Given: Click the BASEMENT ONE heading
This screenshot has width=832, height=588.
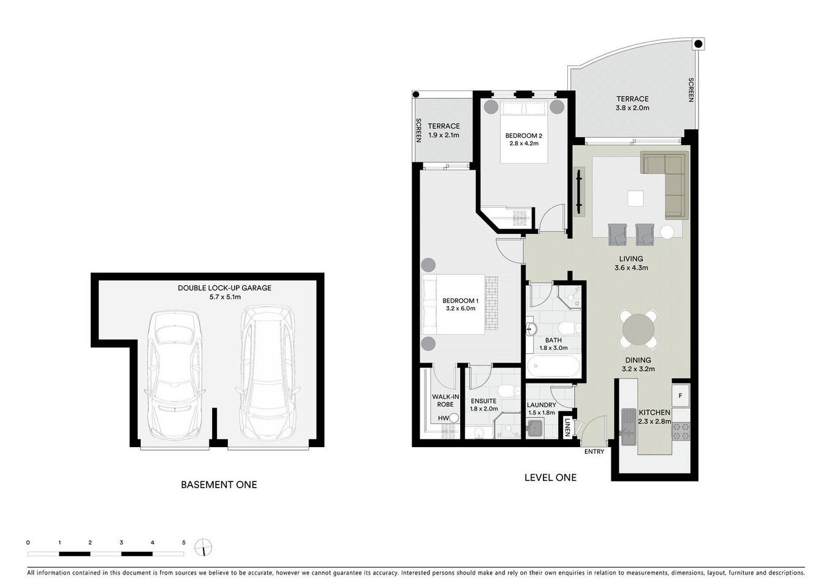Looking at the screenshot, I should pyautogui.click(x=219, y=484).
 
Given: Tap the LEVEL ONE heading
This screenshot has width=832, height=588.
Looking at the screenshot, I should pyautogui.click(x=550, y=477).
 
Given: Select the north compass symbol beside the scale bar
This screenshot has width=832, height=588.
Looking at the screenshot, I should pyautogui.click(x=203, y=546).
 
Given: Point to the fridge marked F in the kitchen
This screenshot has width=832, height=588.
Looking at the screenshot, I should pyautogui.click(x=680, y=396).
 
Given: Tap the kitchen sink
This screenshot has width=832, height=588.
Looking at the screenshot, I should pyautogui.click(x=628, y=426).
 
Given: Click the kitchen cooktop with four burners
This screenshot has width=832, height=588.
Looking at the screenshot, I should pyautogui.click(x=681, y=431).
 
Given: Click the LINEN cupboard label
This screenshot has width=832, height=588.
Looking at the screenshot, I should pyautogui.click(x=568, y=427).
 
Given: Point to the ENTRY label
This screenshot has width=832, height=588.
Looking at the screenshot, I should pyautogui.click(x=594, y=451).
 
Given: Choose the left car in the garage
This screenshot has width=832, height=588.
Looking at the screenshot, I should pyautogui.click(x=174, y=374).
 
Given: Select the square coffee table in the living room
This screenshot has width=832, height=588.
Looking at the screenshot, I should pyautogui.click(x=635, y=199).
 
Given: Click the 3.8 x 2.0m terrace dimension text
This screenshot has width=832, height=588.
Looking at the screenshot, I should pyautogui.click(x=632, y=108).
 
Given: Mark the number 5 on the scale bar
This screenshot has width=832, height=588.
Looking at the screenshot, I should pyautogui.click(x=183, y=543).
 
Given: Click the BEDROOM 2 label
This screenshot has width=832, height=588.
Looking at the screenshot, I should pyautogui.click(x=523, y=135).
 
